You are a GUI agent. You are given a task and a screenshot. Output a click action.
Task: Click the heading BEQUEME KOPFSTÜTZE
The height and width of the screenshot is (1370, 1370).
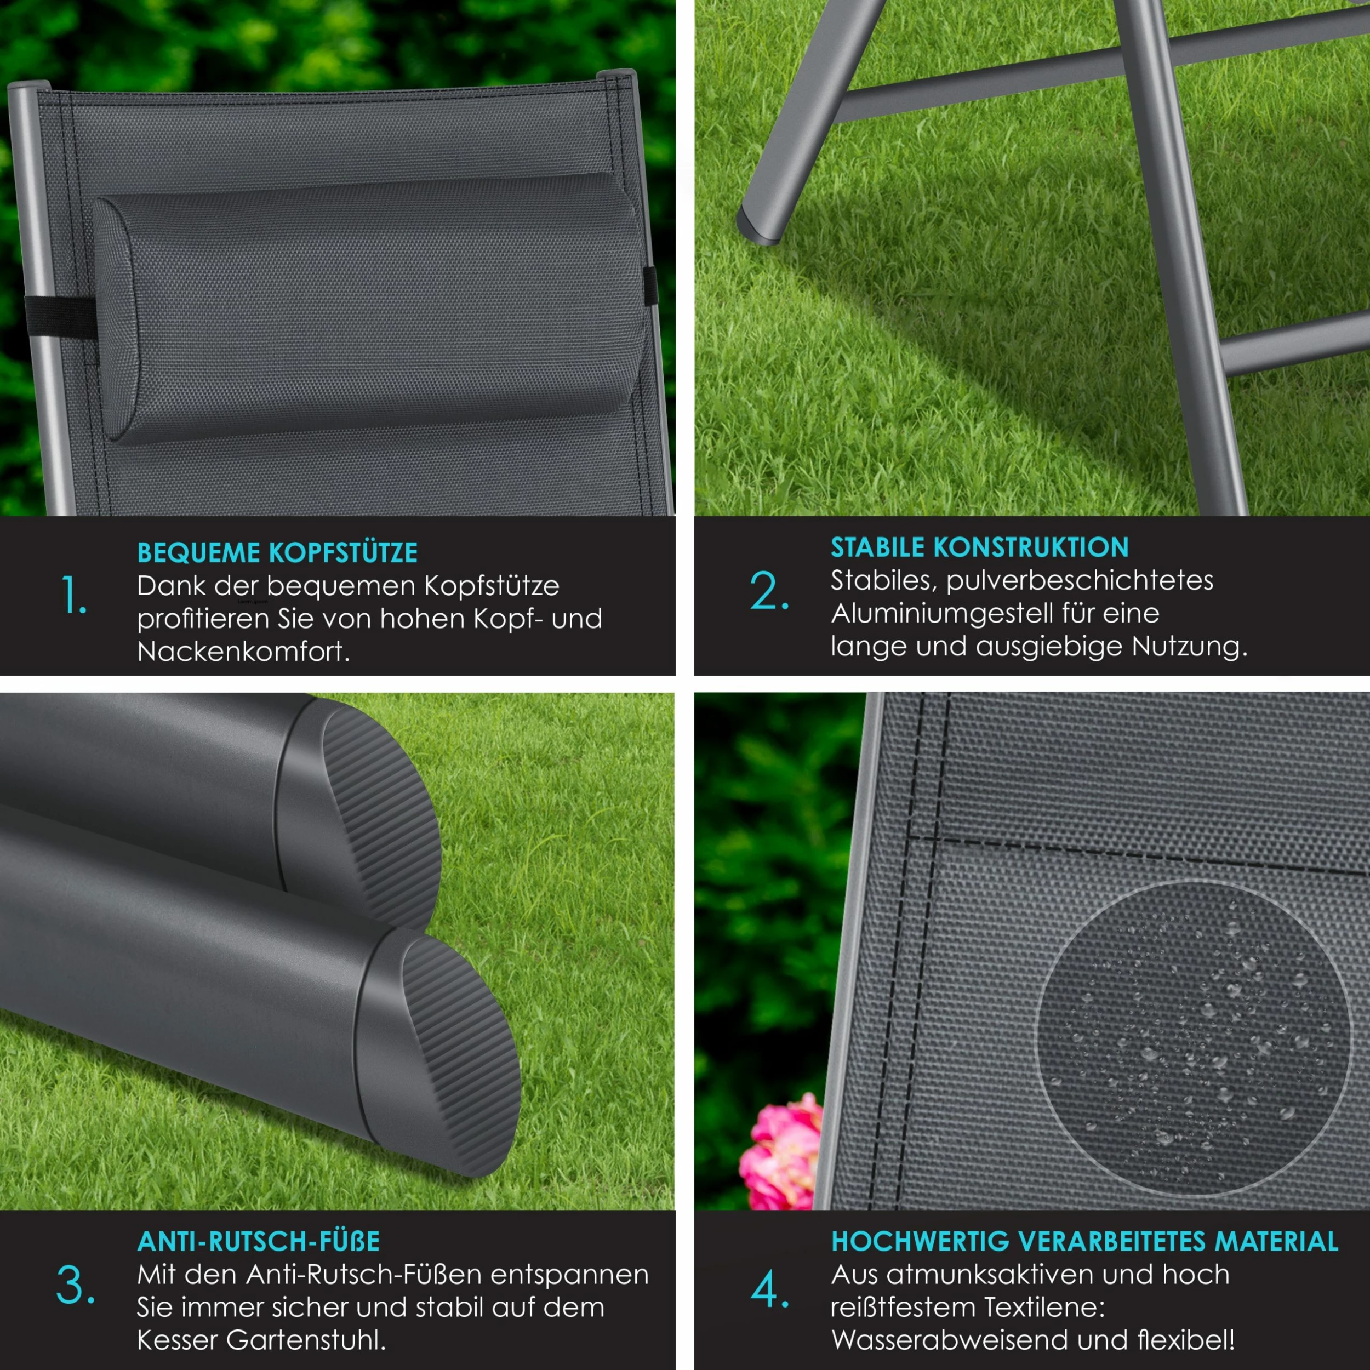pos(277,552)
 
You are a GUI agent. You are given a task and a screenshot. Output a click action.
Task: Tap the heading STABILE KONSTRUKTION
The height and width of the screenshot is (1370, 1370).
pos(979,547)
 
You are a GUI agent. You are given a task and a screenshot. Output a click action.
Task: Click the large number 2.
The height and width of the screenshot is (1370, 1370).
pos(769,590)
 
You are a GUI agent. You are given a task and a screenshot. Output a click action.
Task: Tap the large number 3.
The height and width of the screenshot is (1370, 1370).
pos(75,1285)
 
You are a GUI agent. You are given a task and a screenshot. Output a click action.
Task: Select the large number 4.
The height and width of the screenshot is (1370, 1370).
pos(769,1289)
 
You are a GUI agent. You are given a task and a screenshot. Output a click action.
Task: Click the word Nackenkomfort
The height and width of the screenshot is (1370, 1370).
pos(243,651)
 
